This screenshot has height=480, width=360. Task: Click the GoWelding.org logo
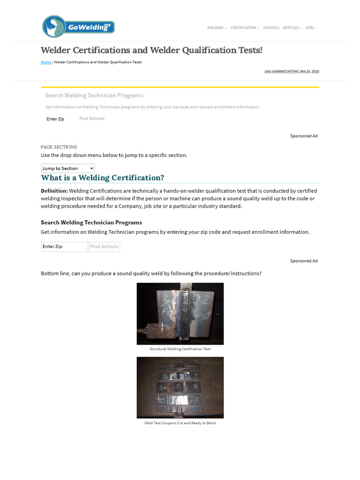point(78,27)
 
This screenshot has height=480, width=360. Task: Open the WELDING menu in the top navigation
point(216,28)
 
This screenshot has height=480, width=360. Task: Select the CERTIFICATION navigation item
point(243,28)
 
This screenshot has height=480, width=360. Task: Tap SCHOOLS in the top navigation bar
point(271,28)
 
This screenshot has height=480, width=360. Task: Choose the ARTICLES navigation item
point(291,28)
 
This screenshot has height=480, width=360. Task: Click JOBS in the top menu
point(310,28)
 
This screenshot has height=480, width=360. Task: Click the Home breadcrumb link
point(46,62)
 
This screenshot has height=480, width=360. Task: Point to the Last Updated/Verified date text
point(292,71)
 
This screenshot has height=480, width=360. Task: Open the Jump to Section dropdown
point(68,168)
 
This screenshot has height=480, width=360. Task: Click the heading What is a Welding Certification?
point(103,178)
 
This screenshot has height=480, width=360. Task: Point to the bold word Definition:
point(54,191)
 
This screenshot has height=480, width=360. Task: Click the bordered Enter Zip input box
point(64,247)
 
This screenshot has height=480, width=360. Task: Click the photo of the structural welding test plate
point(180,314)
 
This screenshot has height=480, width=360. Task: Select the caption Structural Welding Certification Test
point(180,349)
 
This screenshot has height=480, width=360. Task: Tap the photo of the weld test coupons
point(180,388)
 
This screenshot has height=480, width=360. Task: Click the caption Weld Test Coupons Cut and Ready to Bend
point(180,423)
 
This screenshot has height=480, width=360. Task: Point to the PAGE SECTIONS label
point(59,147)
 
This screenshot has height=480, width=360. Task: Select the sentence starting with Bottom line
point(151,273)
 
